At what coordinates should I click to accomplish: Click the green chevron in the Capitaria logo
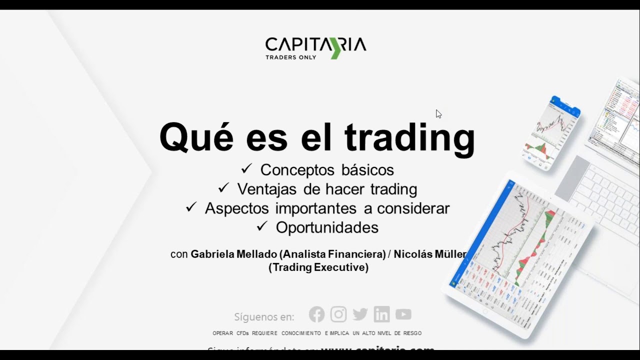point(335,48)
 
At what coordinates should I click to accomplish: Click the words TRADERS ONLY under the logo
point(290,57)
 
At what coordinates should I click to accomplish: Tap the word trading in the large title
point(409,137)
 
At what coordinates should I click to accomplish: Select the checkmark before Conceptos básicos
point(246,169)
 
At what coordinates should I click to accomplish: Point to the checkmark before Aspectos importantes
point(191,207)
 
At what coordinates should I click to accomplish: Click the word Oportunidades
point(327,227)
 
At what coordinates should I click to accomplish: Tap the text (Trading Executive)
point(318,267)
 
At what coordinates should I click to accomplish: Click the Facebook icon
point(316,314)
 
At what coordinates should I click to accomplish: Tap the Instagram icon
point(338,314)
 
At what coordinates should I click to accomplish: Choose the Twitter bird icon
point(360,314)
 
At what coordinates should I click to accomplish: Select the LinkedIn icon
point(381,314)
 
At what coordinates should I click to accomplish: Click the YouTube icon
point(403,314)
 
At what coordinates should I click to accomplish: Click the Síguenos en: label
point(264,317)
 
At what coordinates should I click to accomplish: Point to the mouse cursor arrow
point(438,113)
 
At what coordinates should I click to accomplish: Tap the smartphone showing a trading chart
point(552,132)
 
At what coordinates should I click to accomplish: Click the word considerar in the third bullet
point(413,208)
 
